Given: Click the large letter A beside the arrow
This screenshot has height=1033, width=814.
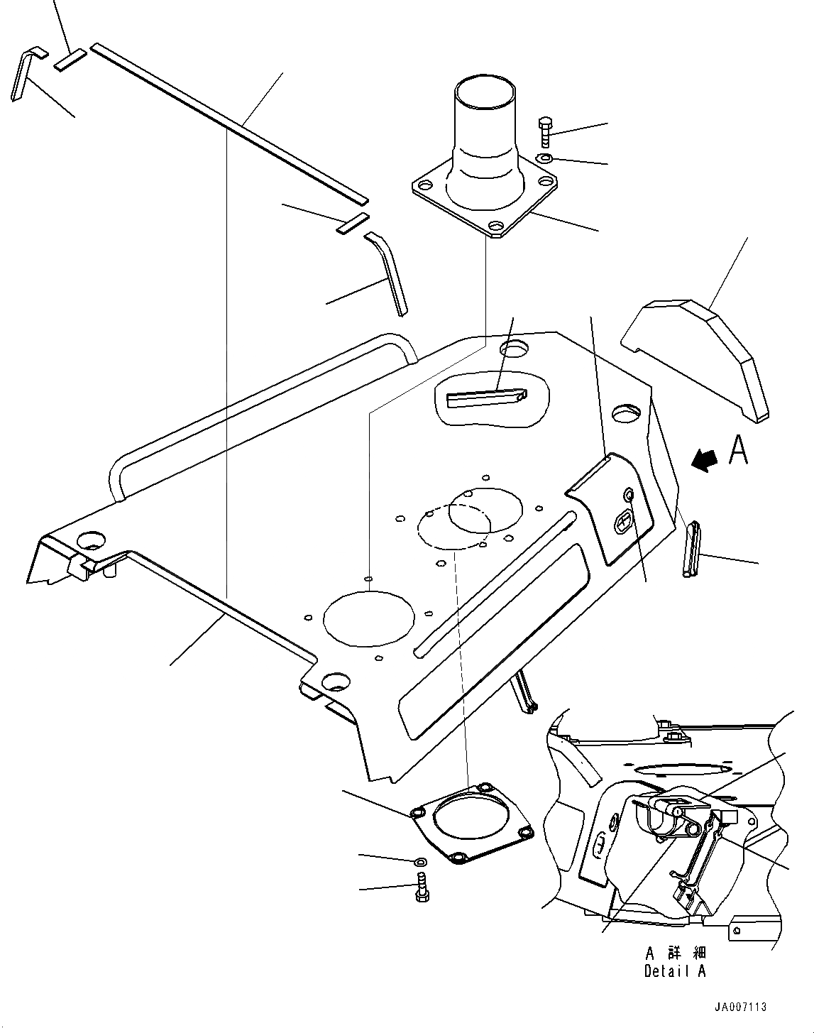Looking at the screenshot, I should coord(738,449).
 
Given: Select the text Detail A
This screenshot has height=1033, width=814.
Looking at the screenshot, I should coord(674,971).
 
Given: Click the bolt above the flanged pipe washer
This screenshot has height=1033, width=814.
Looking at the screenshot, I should coord(545,132).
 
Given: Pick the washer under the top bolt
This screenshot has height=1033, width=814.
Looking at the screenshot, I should coord(544,158).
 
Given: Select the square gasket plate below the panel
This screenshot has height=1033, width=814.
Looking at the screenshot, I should coord(471,824).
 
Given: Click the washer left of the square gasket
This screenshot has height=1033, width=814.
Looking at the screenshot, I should coord(419,862).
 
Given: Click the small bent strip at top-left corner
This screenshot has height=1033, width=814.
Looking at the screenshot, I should coord(23,74).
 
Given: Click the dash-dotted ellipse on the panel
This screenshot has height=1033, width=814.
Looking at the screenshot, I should coord(454,526).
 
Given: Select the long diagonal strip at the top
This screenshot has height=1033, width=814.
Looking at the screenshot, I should coord(227,121).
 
